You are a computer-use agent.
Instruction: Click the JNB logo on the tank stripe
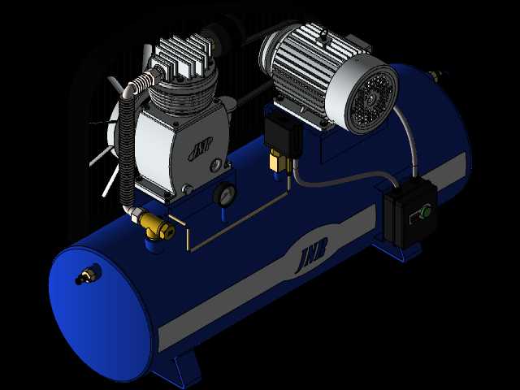click(312, 253)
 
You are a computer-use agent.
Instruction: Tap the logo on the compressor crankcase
click(201, 149)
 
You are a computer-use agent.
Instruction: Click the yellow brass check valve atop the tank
click(156, 226)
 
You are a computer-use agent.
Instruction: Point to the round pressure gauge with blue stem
click(224, 195)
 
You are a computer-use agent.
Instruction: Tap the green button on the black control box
click(426, 210)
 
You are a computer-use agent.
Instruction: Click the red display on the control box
click(414, 218)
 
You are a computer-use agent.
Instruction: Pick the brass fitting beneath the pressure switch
click(278, 161)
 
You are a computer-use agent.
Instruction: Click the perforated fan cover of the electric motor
click(371, 99)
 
